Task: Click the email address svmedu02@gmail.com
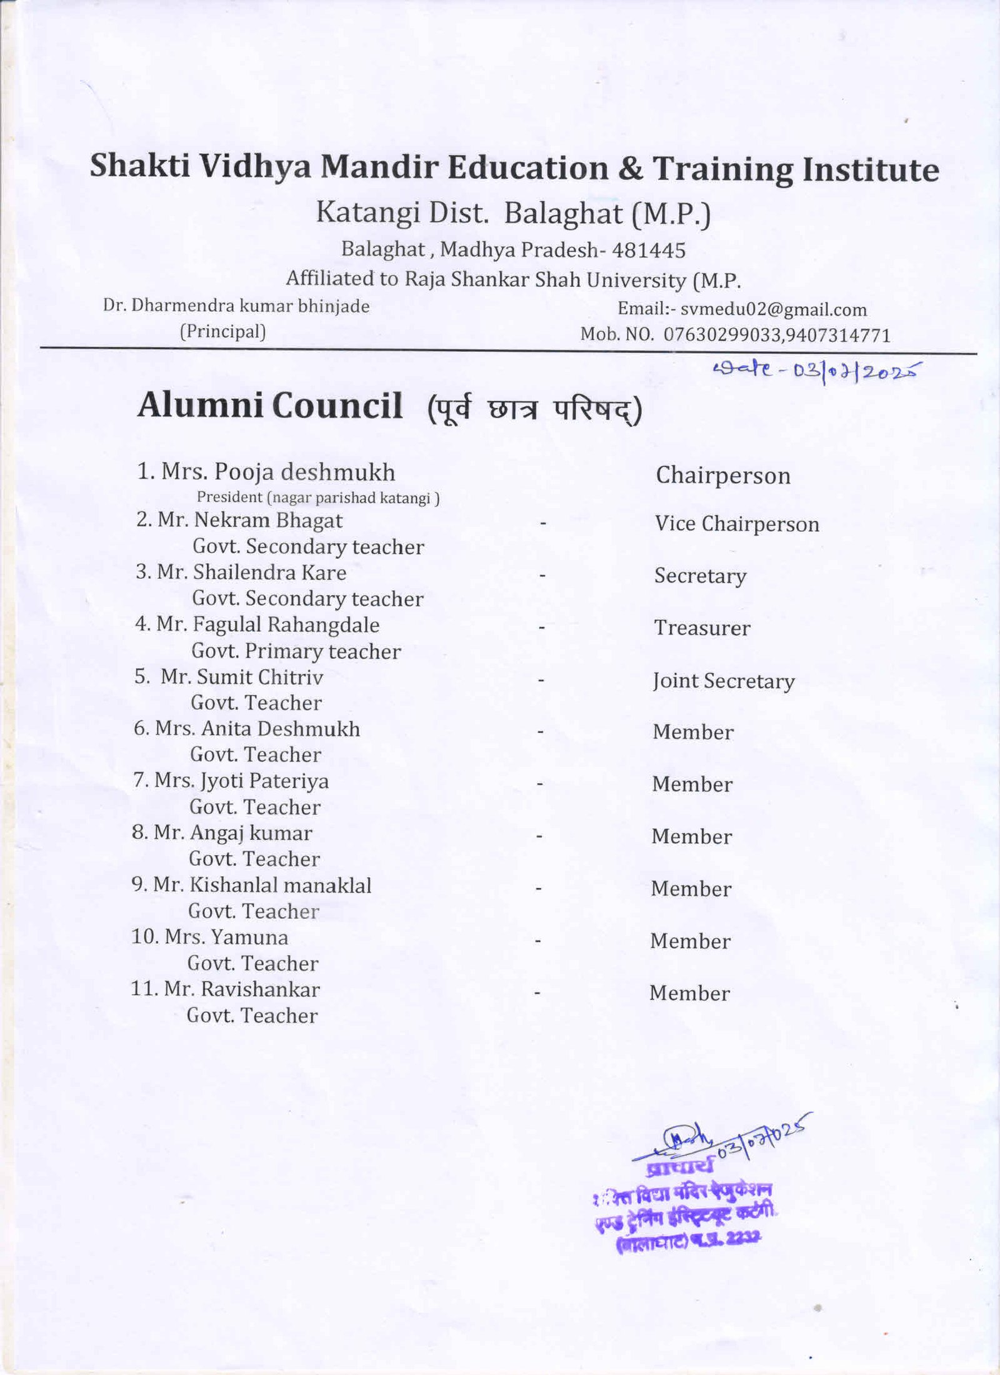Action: click(773, 309)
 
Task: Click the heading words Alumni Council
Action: click(270, 406)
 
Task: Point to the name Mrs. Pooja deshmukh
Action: click(266, 472)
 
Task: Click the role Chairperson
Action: click(723, 476)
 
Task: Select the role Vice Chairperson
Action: click(737, 524)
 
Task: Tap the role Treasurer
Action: click(702, 628)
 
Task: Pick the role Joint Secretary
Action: click(724, 681)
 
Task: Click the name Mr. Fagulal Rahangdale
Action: click(257, 624)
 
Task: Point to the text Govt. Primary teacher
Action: click(296, 651)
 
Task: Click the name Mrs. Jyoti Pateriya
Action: click(231, 781)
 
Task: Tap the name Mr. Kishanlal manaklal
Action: click(251, 886)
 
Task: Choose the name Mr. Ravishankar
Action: click(225, 989)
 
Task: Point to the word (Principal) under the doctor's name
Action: click(223, 331)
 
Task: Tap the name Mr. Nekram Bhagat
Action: click(239, 520)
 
